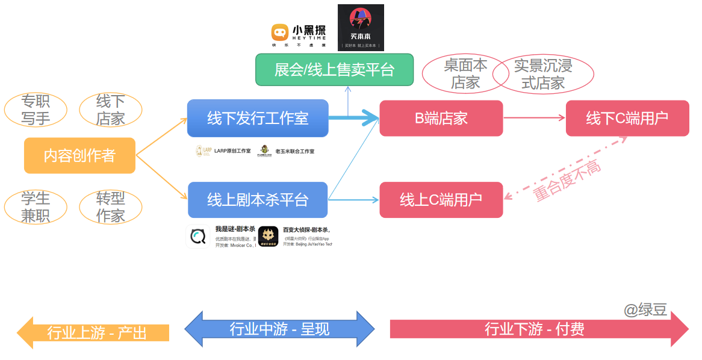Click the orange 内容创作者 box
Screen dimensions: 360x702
(x=79, y=155)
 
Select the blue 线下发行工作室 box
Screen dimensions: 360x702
(x=258, y=118)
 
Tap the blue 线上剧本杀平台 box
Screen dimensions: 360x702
(x=258, y=200)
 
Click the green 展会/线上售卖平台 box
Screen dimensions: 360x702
(x=334, y=70)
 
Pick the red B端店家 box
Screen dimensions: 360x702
(x=441, y=118)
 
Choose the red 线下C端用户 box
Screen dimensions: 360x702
(x=627, y=118)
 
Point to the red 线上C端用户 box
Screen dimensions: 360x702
(x=441, y=200)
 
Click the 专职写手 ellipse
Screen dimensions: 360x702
(x=36, y=110)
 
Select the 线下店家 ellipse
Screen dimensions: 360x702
(x=111, y=110)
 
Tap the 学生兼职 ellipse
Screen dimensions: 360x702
(x=36, y=206)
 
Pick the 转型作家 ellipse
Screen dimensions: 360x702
(x=111, y=206)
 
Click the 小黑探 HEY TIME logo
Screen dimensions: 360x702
(x=299, y=35)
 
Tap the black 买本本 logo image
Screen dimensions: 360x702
(x=361, y=28)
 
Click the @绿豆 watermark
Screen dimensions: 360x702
(x=645, y=310)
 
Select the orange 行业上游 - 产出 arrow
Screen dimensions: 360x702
(x=93, y=332)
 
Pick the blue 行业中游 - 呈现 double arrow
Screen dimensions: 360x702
(x=279, y=329)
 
